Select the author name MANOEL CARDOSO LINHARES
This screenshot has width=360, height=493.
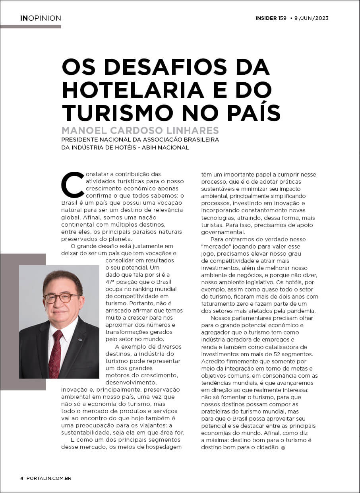[x=140, y=130]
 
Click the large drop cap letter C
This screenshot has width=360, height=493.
[x=72, y=185]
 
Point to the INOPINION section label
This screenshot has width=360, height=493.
[x=41, y=18]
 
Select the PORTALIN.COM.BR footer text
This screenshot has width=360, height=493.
[x=49, y=478]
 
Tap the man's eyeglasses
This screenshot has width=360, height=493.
[x=61, y=298]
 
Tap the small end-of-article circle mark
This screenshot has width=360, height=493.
[x=283, y=448]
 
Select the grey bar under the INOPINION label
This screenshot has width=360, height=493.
[x=31, y=27]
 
